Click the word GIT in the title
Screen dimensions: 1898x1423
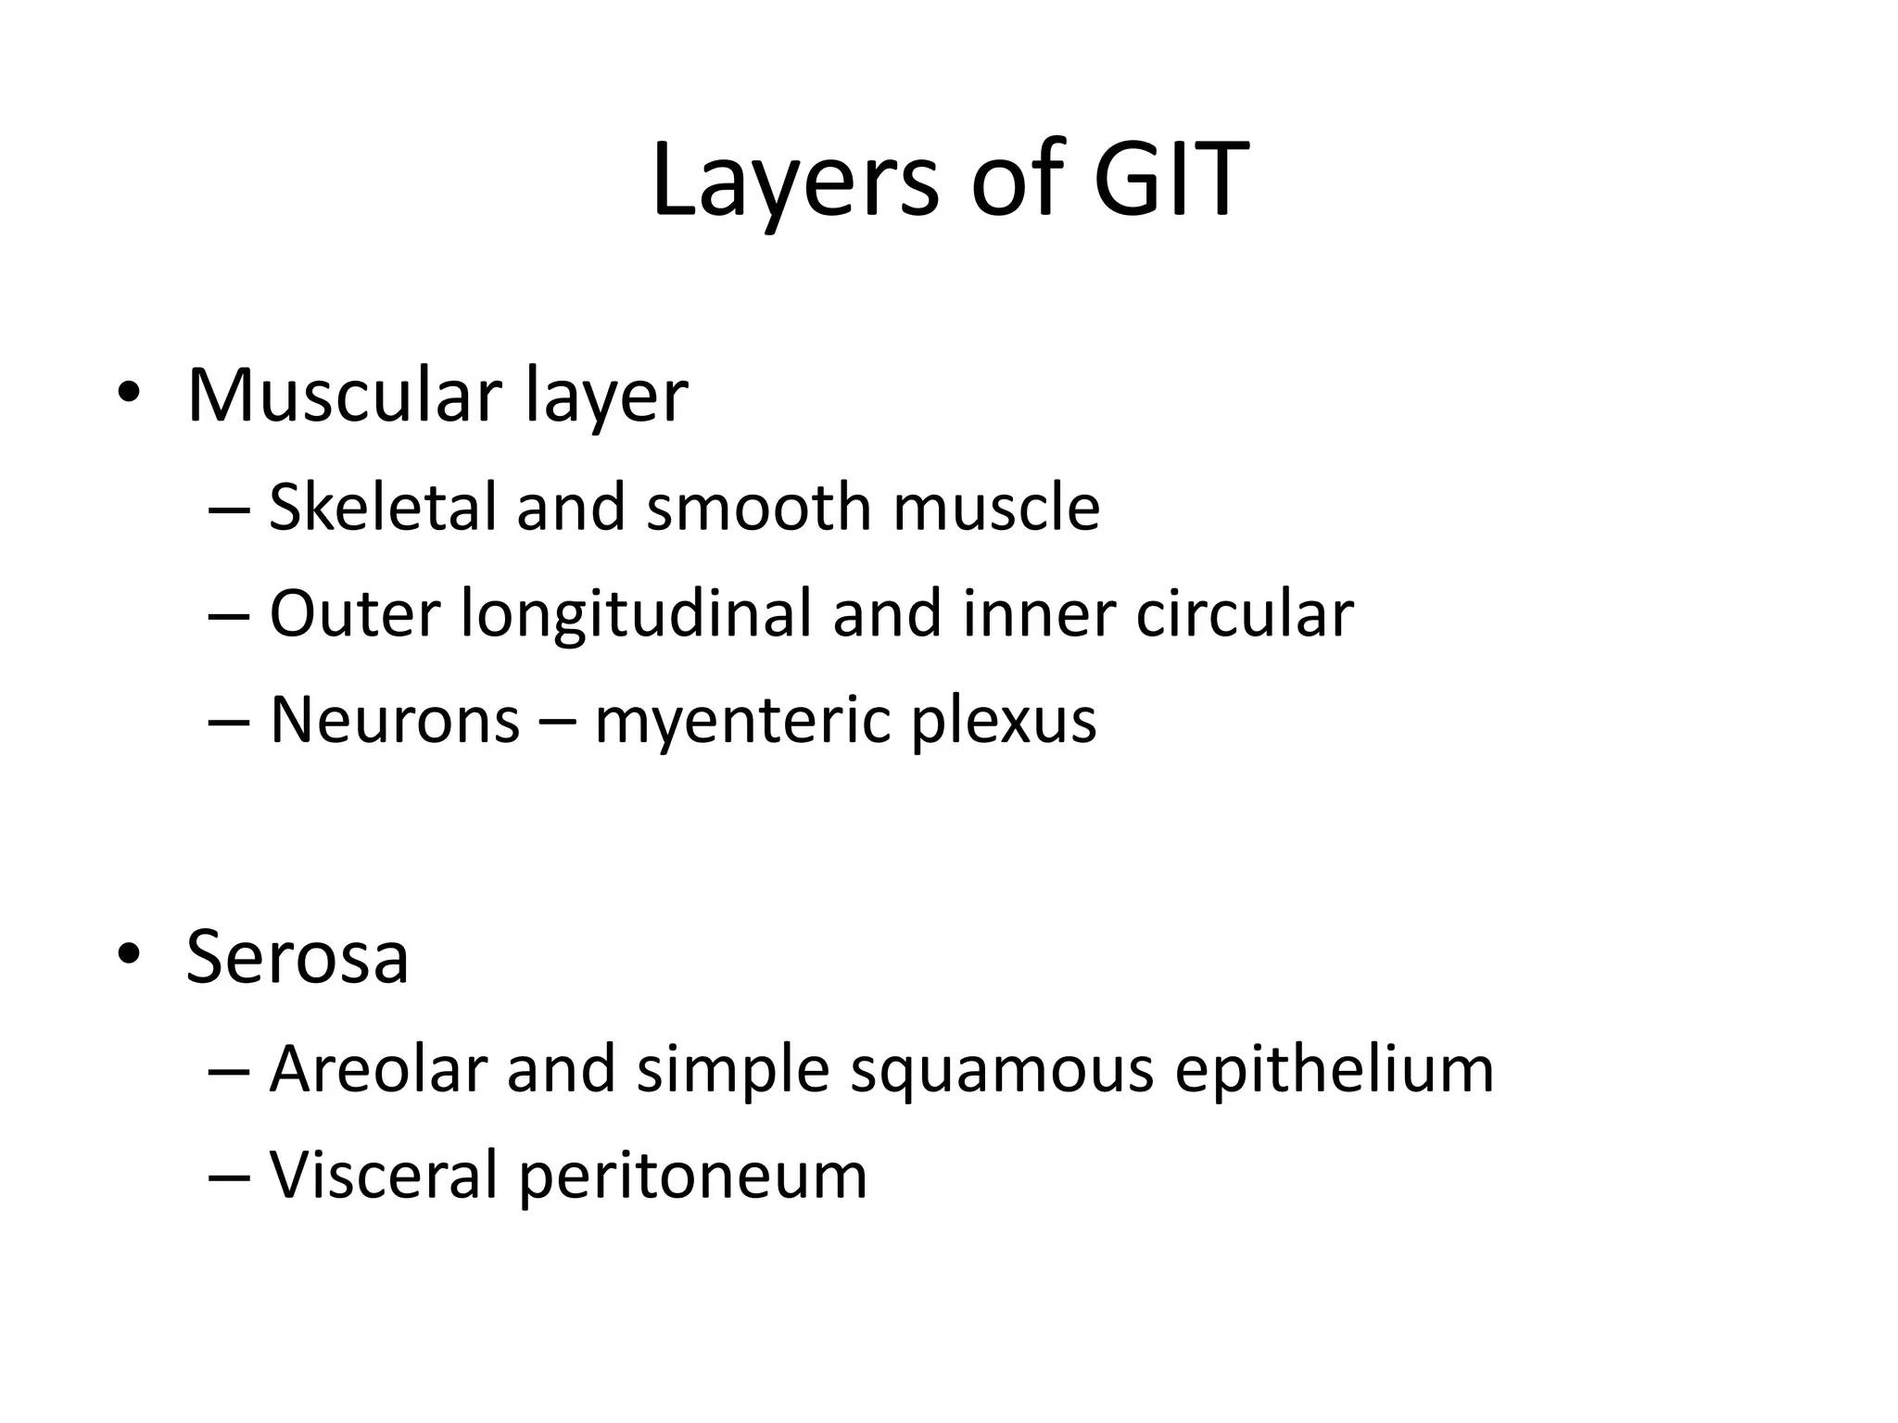1170,181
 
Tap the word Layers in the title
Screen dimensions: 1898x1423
795,181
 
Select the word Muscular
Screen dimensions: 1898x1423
344,397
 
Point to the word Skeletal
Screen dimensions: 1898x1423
383,508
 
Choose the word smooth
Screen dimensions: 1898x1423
759,508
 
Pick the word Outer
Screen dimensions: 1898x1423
353,614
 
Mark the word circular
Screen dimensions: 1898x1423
1245,614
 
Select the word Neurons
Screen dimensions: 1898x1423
395,721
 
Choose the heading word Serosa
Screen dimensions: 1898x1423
297,957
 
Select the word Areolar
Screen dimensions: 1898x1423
378,1069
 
